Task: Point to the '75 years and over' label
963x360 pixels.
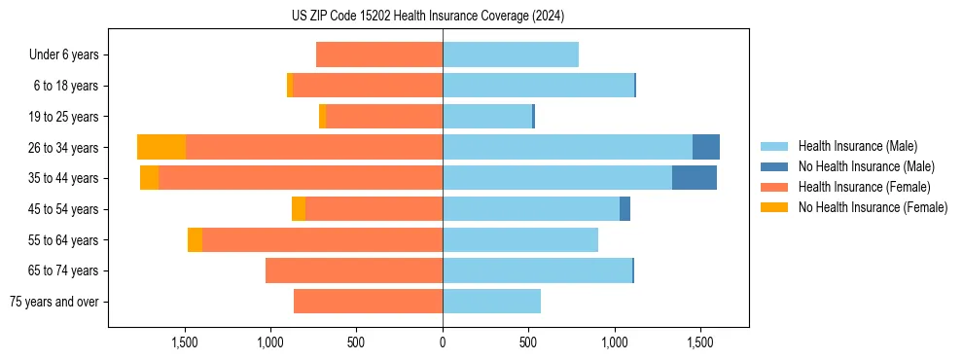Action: click(54, 301)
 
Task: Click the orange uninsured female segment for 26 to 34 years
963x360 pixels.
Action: click(161, 147)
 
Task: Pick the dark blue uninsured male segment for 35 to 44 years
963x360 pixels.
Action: click(694, 178)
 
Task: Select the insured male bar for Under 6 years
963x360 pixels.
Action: click(511, 54)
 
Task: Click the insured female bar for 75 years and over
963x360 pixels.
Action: click(368, 301)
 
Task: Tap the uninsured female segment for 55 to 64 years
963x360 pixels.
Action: click(196, 239)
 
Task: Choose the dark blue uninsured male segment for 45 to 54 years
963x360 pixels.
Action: click(624, 208)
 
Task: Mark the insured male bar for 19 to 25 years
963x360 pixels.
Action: click(487, 117)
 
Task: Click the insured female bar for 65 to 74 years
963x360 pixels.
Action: click(354, 270)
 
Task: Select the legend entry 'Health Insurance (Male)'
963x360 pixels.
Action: click(857, 146)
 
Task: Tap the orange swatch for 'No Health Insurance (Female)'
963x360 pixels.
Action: click(774, 207)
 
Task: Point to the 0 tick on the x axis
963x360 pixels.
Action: click(443, 342)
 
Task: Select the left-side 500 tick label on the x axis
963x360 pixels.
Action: click(356, 342)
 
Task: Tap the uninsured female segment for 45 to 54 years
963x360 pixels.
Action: click(299, 208)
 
